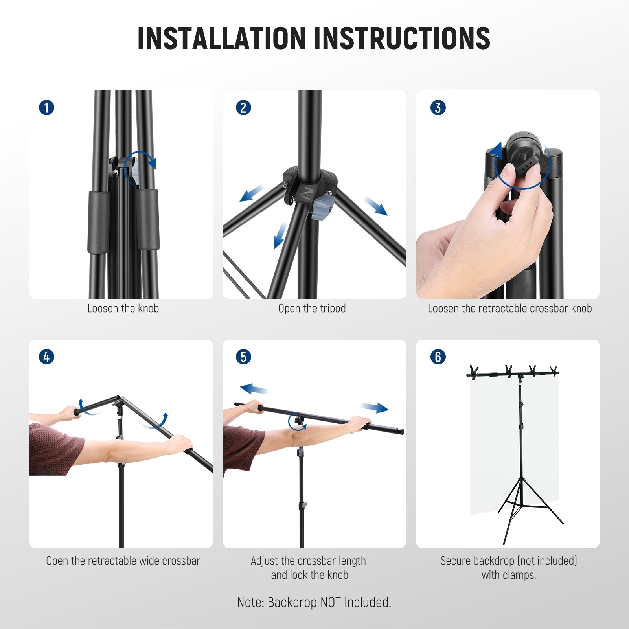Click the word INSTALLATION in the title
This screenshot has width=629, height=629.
[221, 38]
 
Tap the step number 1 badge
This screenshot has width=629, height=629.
[46, 107]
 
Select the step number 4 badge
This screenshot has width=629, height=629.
[46, 357]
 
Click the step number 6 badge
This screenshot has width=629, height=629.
[438, 357]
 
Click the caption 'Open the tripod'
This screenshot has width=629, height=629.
[312, 309]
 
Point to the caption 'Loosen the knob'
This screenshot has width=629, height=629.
[123, 309]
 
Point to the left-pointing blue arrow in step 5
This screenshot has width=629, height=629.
[254, 389]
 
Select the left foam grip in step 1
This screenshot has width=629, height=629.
[98, 222]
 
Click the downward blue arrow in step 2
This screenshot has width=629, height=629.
[280, 235]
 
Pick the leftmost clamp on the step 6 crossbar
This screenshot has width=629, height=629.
[474, 372]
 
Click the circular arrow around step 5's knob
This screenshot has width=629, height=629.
[296, 422]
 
